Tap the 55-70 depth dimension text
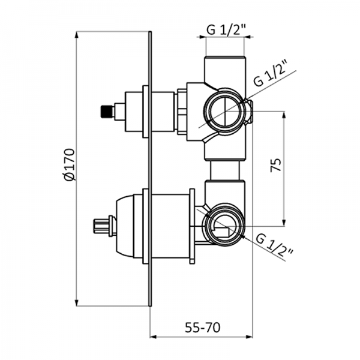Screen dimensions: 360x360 (201, 328)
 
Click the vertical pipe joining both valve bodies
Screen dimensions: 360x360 (225, 171)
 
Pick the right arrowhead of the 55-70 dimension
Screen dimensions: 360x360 (250, 337)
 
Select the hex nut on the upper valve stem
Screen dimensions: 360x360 (181, 110)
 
